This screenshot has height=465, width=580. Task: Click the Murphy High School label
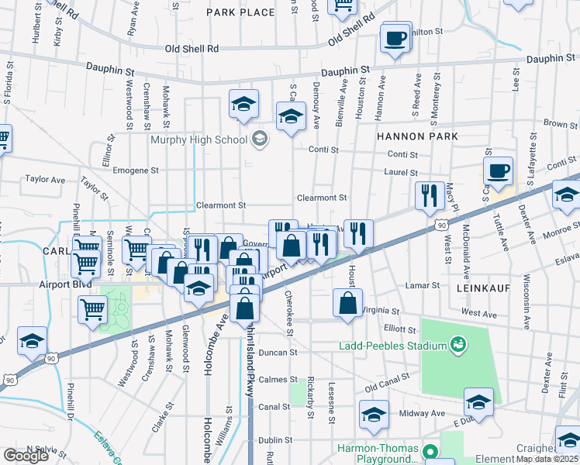(199, 139)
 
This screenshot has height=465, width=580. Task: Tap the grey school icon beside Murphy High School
(260, 139)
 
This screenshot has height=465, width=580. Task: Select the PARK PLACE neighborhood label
(240, 12)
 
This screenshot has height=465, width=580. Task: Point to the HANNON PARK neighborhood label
(417, 136)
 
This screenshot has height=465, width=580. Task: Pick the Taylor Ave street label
(43, 178)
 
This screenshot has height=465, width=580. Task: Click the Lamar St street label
(423, 285)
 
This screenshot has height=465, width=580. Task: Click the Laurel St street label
(402, 173)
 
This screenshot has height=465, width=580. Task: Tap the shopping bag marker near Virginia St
(348, 302)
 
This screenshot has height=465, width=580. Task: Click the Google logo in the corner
(26, 456)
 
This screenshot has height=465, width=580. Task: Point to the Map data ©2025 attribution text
(547, 459)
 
